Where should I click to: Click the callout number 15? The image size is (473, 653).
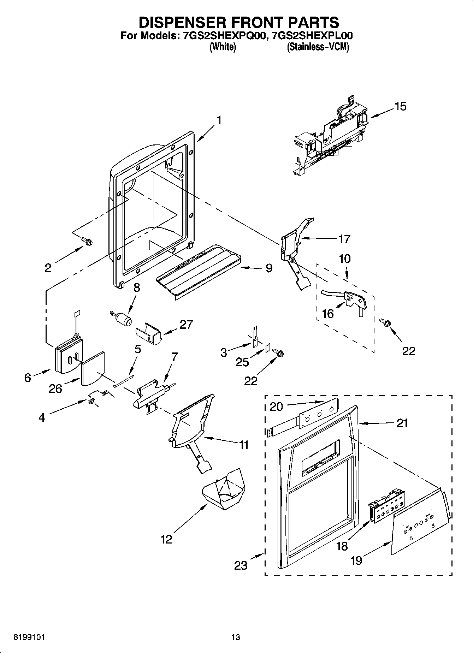pos(401,106)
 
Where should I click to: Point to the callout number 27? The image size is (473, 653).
pos(186,324)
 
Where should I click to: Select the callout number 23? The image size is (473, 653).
pos(241,565)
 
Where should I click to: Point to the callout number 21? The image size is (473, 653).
pos(402,423)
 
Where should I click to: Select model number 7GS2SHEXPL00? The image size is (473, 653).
pos(311,36)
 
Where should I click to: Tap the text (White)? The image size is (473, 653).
pos(223,47)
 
